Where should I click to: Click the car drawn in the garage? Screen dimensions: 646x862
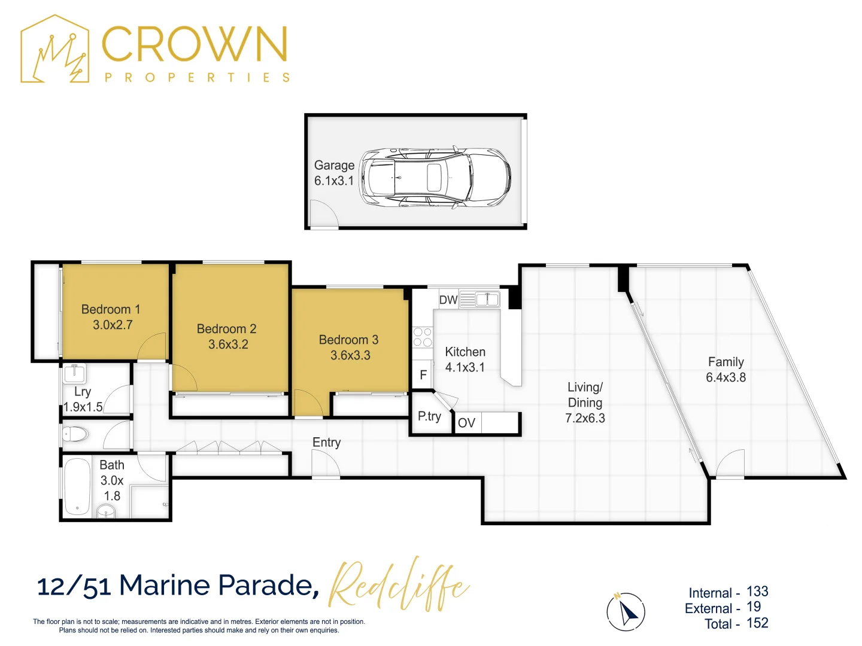pyautogui.click(x=435, y=178)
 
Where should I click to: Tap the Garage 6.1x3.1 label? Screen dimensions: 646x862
pyautogui.click(x=334, y=173)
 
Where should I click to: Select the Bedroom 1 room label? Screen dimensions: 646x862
pyautogui.click(x=111, y=309)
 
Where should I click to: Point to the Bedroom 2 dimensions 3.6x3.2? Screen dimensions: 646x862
pyautogui.click(x=228, y=345)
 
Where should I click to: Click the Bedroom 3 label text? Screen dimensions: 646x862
pyautogui.click(x=348, y=340)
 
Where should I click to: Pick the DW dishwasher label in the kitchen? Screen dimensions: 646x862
pyautogui.click(x=448, y=300)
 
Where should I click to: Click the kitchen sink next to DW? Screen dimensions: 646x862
pyautogui.click(x=487, y=299)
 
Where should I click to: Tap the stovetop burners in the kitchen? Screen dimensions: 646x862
pyautogui.click(x=423, y=337)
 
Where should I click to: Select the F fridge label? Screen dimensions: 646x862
pyautogui.click(x=423, y=375)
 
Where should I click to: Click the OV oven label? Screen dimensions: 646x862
pyautogui.click(x=466, y=423)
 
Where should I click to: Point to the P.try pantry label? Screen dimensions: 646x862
pyautogui.click(x=429, y=416)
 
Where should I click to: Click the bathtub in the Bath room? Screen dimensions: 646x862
pyautogui.click(x=77, y=486)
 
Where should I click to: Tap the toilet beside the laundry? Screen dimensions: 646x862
pyautogui.click(x=75, y=434)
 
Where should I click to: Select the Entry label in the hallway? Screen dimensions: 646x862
pyautogui.click(x=326, y=443)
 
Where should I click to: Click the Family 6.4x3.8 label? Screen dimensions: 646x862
pyautogui.click(x=726, y=370)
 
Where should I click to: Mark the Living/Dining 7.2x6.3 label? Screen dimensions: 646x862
pyautogui.click(x=585, y=403)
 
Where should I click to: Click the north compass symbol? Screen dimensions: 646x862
pyautogui.click(x=626, y=612)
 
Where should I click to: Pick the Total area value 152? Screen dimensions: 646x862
pyautogui.click(x=757, y=623)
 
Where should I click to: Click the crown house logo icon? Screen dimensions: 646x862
pyautogui.click(x=55, y=50)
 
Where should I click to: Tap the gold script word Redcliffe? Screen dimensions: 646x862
pyautogui.click(x=398, y=585)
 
